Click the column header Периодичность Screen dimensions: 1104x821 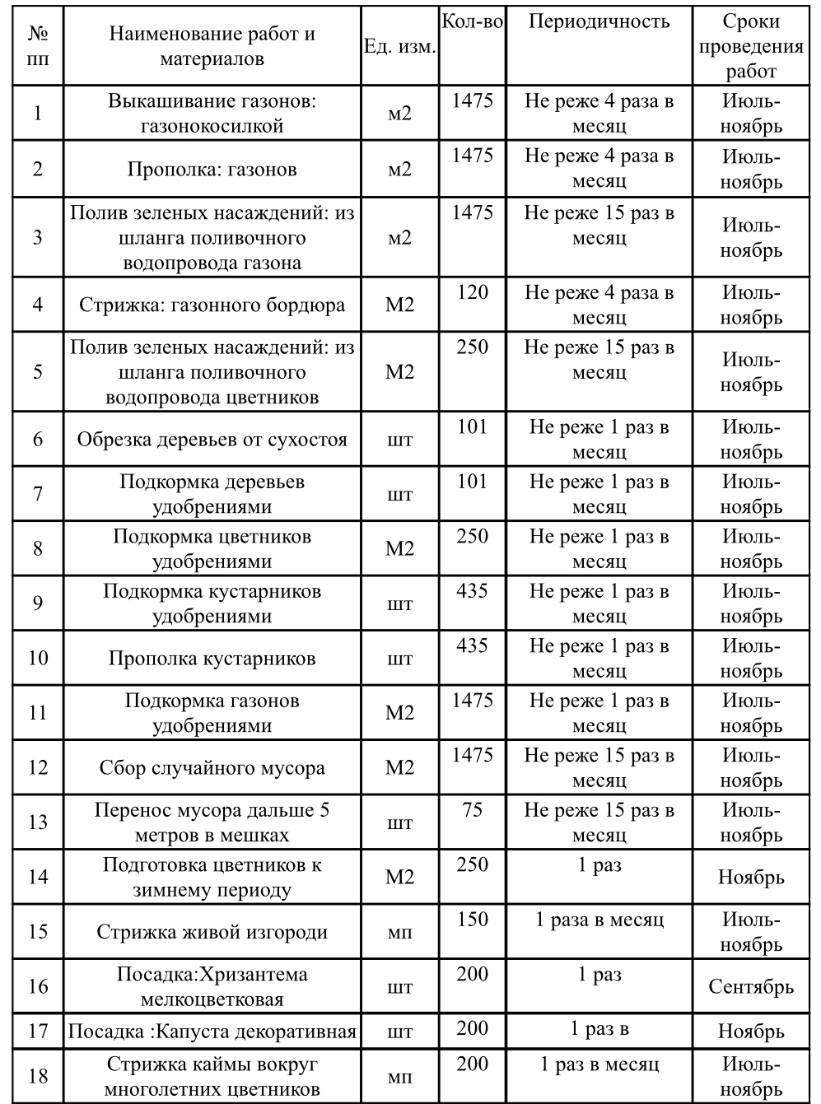click(x=599, y=22)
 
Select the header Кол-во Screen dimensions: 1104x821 click(x=472, y=22)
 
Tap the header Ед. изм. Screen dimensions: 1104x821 click(x=399, y=47)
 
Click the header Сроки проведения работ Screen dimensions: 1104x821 click(x=751, y=46)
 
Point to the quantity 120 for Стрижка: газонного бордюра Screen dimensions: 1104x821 click(x=472, y=293)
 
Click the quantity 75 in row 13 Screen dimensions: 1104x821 click(x=472, y=810)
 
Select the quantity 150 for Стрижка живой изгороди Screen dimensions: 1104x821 click(x=472, y=920)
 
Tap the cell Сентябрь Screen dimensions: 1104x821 click(x=751, y=986)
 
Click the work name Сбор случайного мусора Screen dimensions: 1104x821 click(x=212, y=768)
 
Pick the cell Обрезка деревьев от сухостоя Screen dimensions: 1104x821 click(x=212, y=440)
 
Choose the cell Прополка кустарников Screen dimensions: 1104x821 click(x=212, y=659)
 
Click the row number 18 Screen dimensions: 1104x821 click(x=38, y=1076)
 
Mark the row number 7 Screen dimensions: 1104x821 click(x=38, y=494)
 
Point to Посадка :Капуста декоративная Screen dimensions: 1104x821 click(x=212, y=1032)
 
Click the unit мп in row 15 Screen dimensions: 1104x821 click(x=399, y=933)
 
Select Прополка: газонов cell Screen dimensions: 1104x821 click(x=212, y=170)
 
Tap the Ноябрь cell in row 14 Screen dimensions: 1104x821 click(x=751, y=877)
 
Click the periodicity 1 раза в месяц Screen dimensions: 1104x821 click(x=599, y=920)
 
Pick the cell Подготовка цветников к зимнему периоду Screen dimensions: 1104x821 click(x=212, y=878)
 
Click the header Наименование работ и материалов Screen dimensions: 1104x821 click(x=212, y=47)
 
